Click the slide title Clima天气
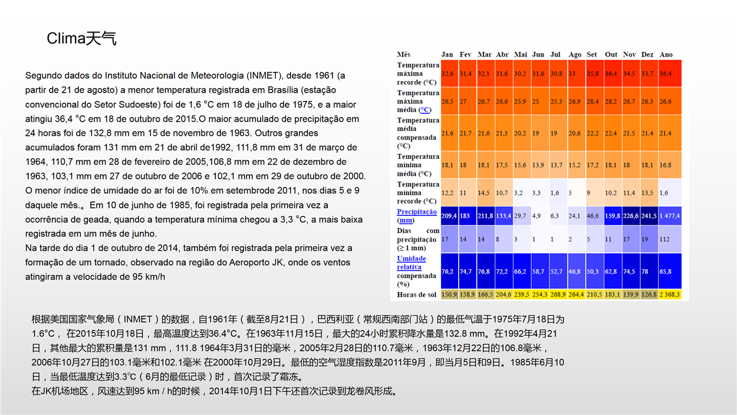[81, 38]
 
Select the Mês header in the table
[403, 54]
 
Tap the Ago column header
[574, 55]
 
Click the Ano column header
[666, 54]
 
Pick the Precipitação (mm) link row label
[416, 215]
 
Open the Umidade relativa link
[412, 263]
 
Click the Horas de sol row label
[416, 295]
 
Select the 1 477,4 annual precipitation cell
[670, 215]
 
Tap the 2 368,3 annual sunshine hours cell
[670, 295]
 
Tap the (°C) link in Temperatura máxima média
[425, 110]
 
